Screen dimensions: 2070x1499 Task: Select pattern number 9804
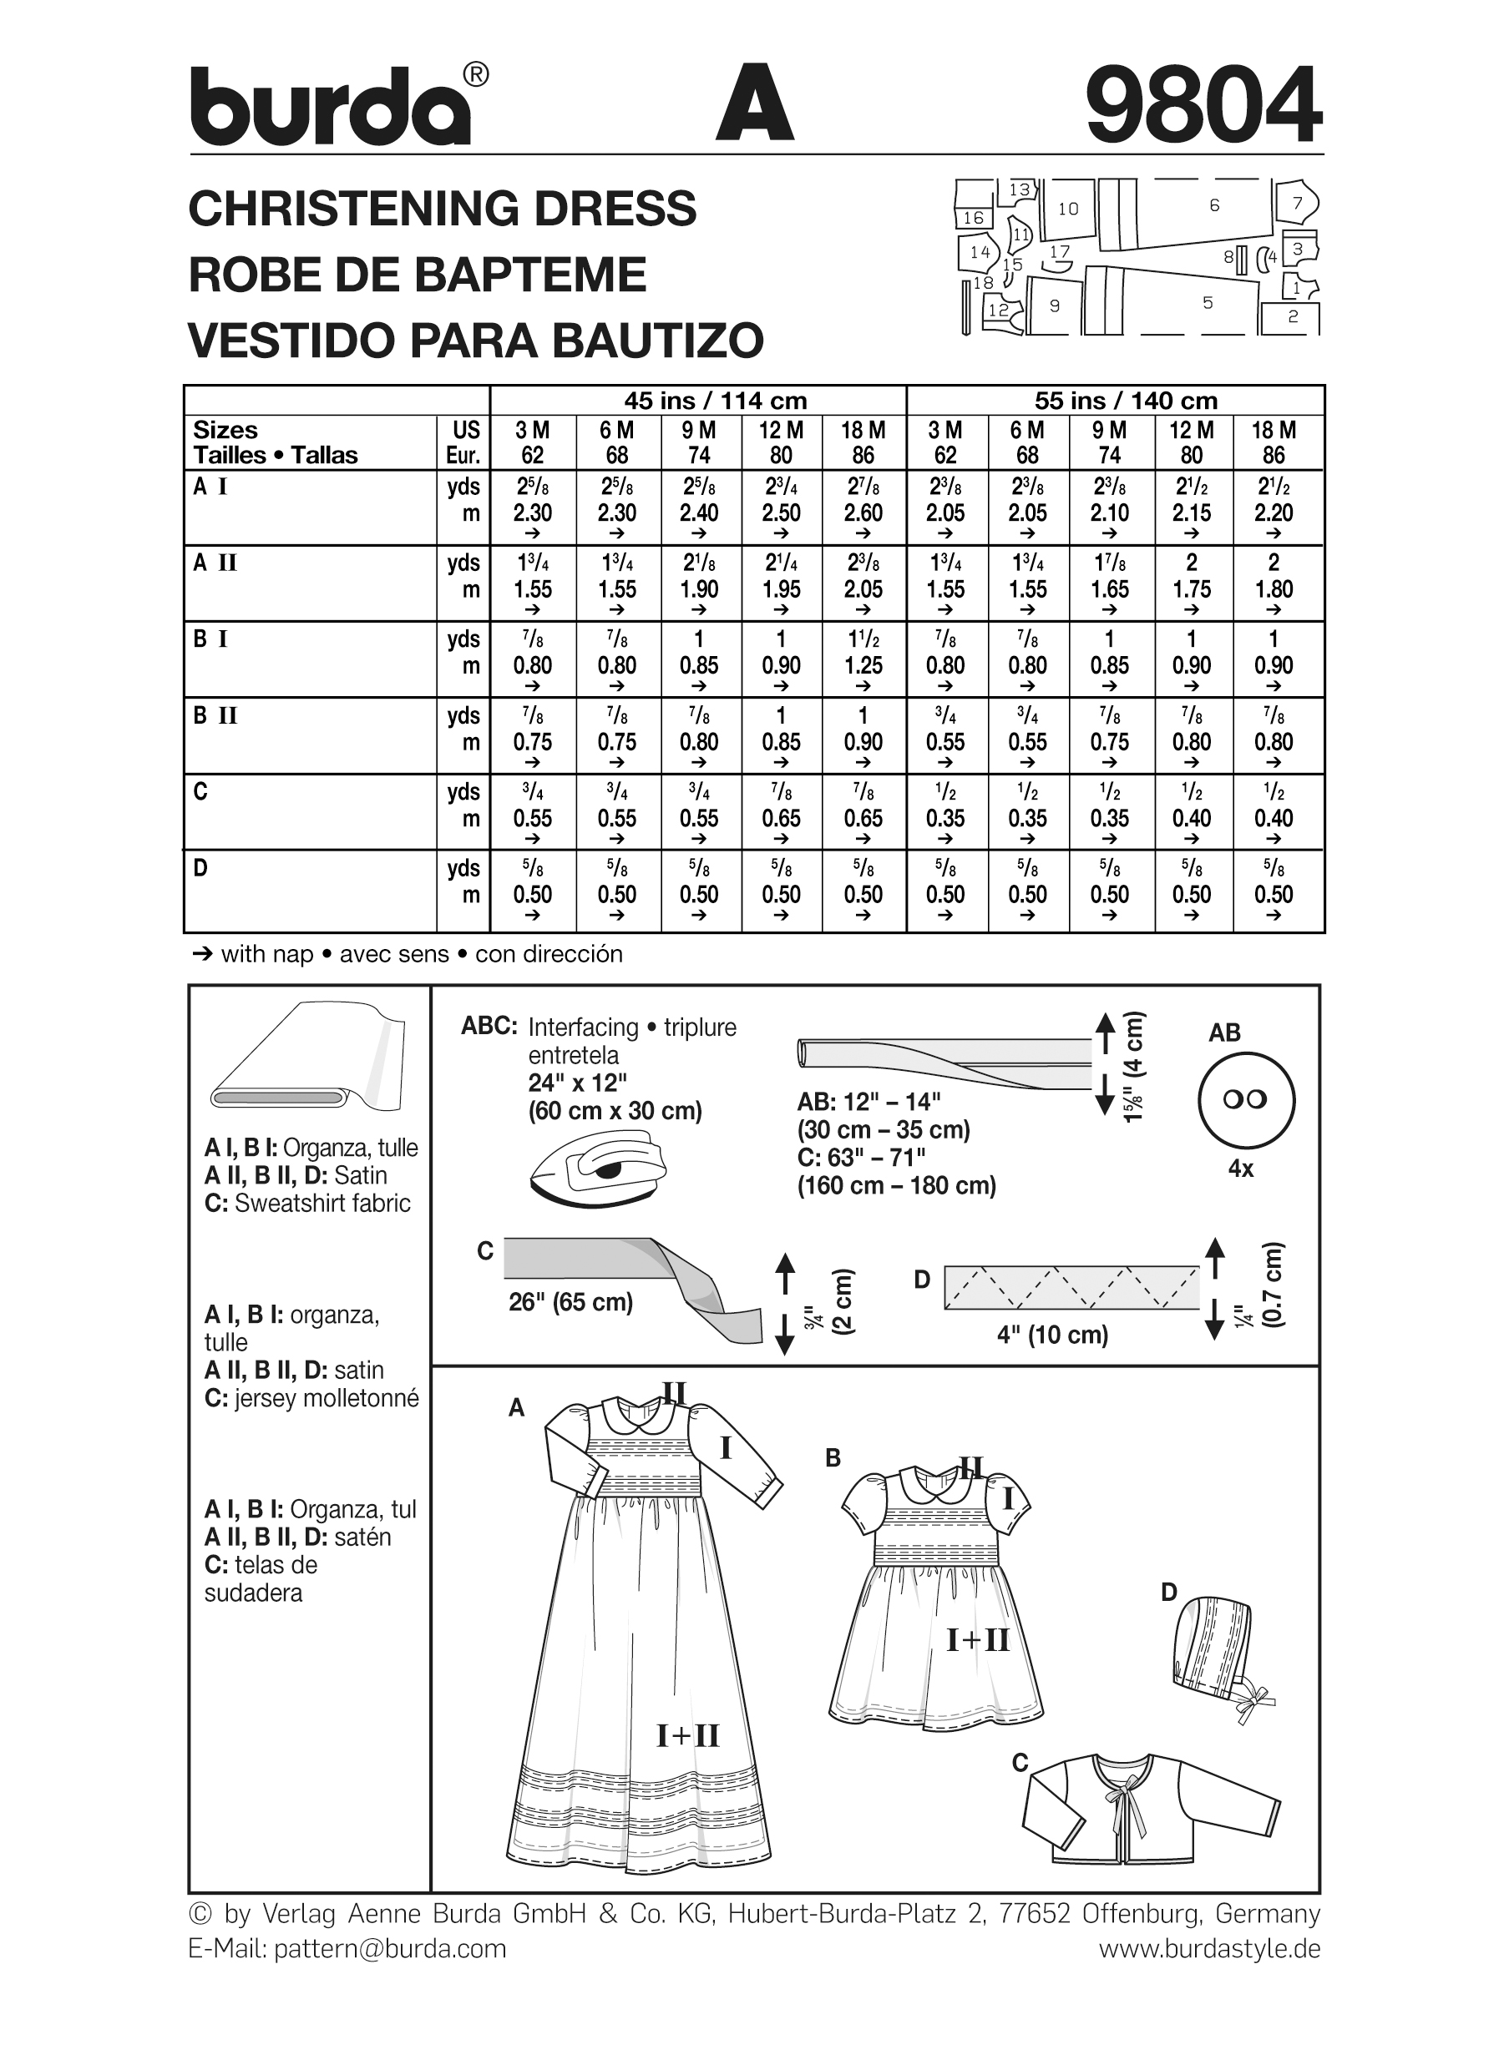1203,105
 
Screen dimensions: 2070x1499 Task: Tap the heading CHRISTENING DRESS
442,209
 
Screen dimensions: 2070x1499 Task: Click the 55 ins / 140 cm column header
1125,401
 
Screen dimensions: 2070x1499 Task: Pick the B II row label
215,716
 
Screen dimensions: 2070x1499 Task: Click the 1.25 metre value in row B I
863,666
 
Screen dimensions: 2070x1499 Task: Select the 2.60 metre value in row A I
863,513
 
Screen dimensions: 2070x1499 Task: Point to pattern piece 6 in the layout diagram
1214,206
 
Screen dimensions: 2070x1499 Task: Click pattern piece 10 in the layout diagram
1068,209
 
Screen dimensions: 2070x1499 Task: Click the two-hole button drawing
1245,1100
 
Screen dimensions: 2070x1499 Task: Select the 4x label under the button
1241,1169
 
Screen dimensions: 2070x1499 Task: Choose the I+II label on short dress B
977,1640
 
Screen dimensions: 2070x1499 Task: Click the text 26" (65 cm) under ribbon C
570,1302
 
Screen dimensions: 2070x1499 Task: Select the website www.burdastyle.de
1208,1949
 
